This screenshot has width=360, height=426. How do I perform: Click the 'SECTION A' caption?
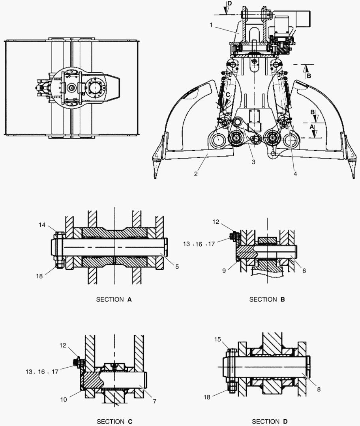114,299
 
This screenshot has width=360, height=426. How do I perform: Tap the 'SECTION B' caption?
267,299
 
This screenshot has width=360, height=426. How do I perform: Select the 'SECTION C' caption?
114,422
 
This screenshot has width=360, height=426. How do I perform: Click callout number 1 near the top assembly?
212,25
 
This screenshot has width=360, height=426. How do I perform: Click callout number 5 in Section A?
177,267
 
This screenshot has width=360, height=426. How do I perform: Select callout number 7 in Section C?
155,401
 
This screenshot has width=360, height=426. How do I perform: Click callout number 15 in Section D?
217,339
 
